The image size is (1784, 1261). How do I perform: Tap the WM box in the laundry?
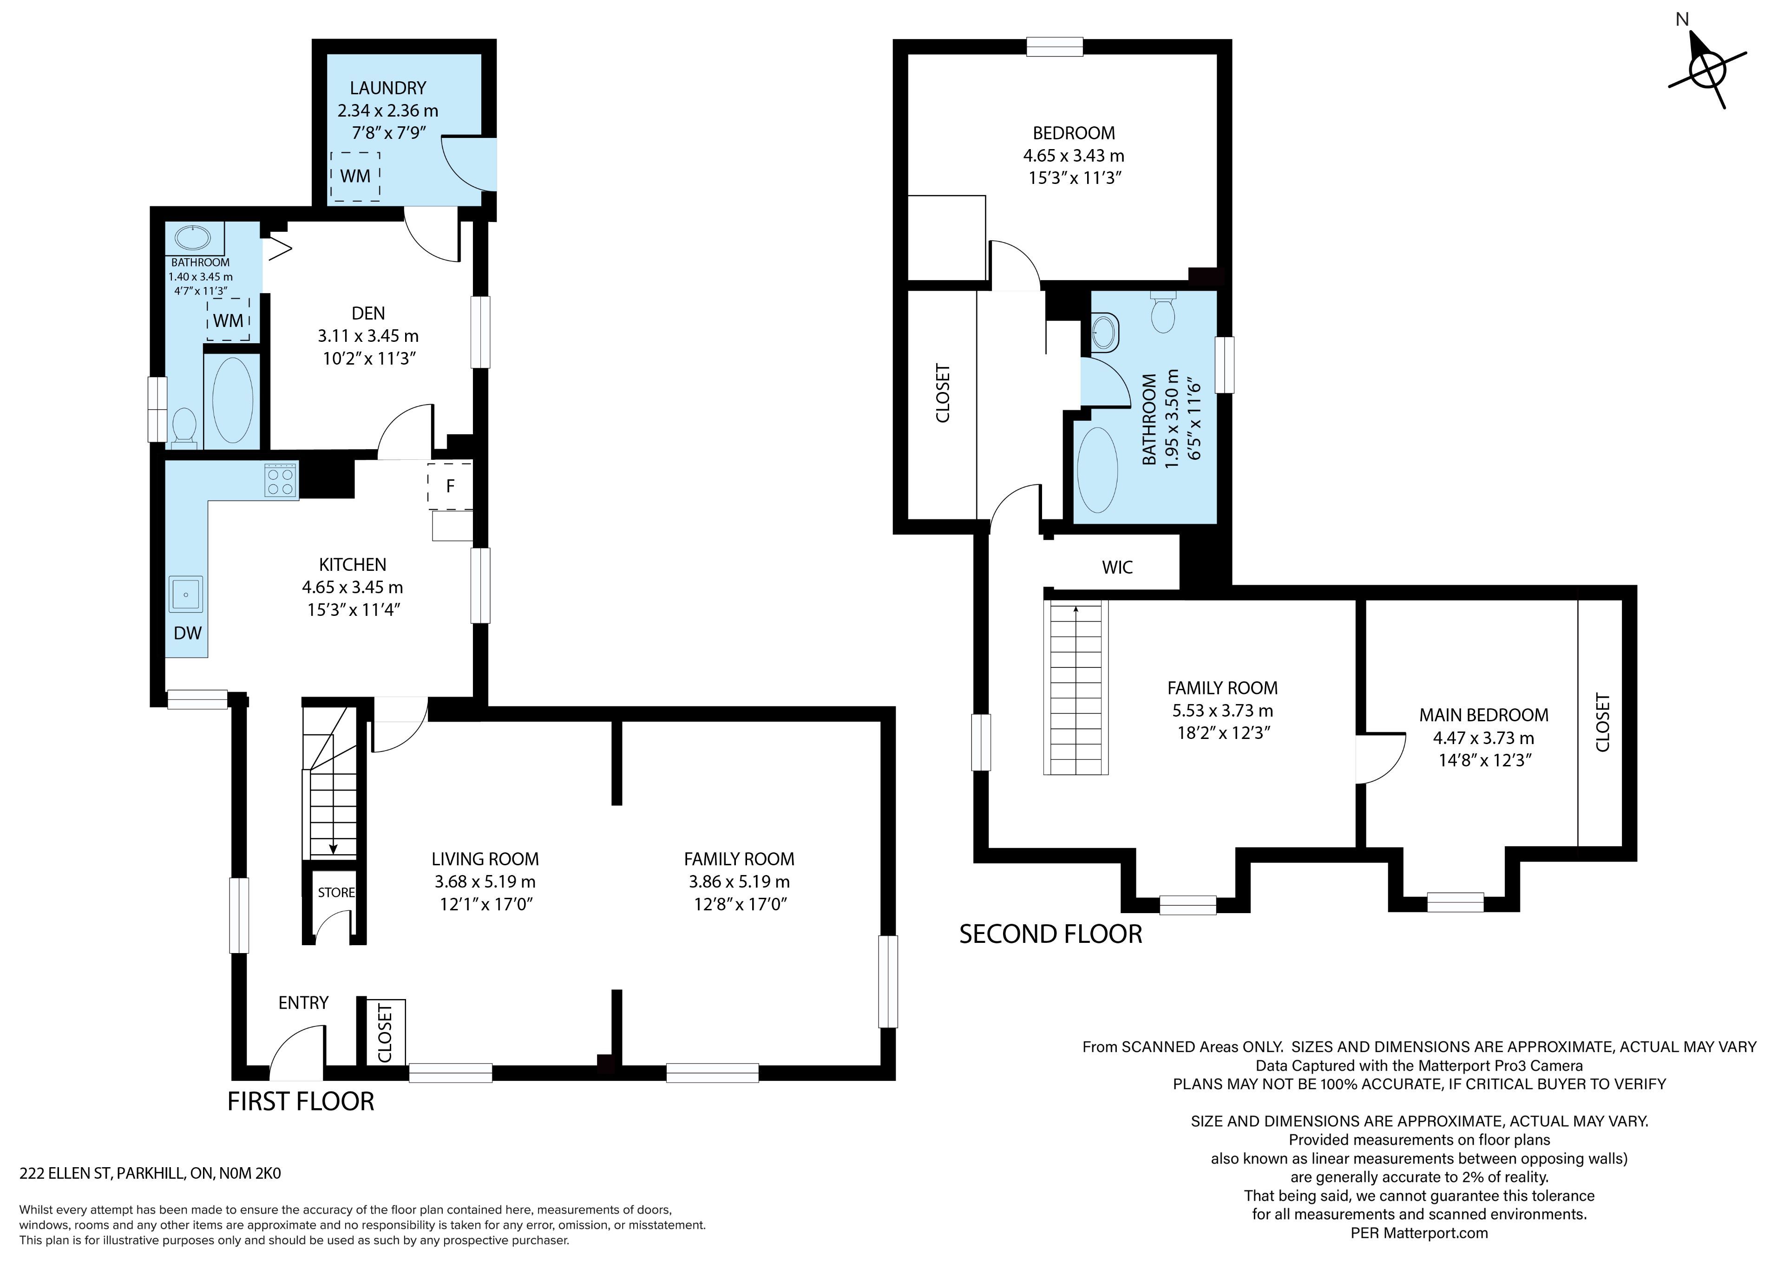point(355,176)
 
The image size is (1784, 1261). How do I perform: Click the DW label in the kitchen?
point(187,633)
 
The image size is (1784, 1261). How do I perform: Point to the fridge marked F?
point(450,486)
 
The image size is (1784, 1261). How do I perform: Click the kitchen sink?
point(186,595)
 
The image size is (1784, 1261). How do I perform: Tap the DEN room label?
point(368,313)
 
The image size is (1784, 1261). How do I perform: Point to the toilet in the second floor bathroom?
point(1163,312)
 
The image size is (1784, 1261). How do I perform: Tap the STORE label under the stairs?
point(336,893)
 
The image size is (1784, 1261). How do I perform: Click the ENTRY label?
point(303,1003)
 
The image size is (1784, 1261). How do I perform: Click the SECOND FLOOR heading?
point(1050,934)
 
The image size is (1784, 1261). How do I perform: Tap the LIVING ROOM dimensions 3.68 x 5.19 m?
point(485,882)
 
